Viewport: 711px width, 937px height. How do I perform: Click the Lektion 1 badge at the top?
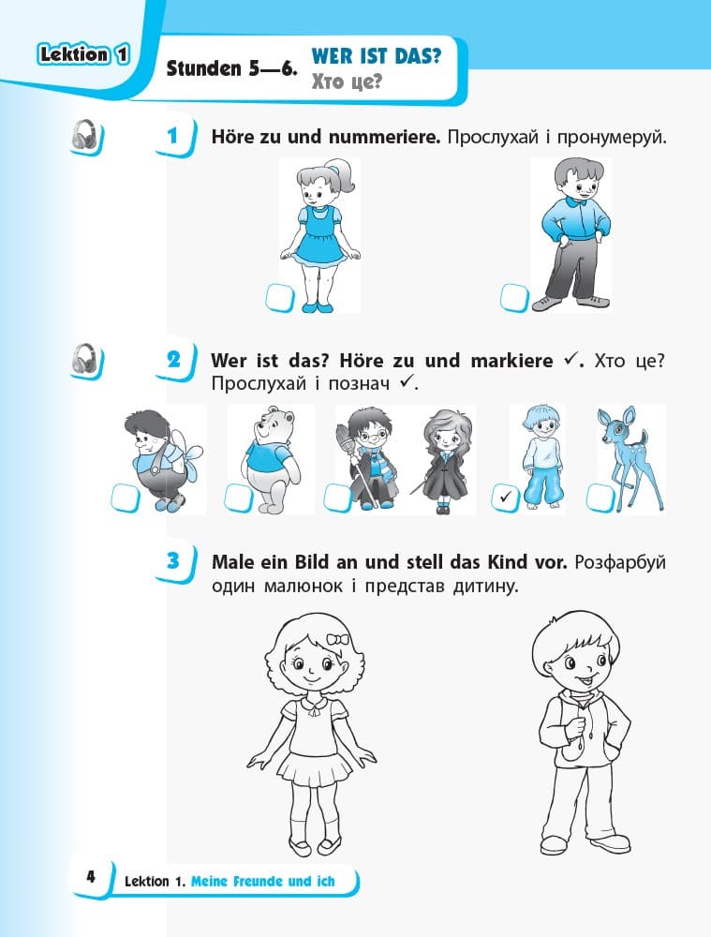coord(83,54)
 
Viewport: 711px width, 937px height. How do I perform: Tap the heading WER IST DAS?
coord(377,56)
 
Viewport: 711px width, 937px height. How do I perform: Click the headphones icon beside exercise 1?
coord(86,136)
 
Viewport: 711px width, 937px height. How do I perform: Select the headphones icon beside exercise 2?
coord(86,361)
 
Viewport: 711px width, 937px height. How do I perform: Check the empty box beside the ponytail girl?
coord(279,298)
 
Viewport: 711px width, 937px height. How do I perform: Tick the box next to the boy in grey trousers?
coord(514,297)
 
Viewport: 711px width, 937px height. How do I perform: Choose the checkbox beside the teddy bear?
coord(238,498)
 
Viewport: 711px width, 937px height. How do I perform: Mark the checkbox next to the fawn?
coord(600,498)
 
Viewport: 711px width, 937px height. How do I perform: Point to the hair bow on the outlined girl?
coord(337,639)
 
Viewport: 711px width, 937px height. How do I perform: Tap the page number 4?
coord(91,877)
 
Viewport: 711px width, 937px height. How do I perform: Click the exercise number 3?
coord(173,560)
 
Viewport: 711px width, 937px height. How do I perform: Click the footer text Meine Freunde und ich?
coord(263,882)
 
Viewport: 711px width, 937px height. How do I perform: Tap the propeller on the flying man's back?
coord(186,459)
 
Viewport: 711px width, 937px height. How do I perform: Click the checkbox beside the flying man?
coord(126,498)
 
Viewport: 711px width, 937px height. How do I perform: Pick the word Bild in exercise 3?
coord(311,562)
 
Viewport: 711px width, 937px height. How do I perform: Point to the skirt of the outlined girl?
coord(316,767)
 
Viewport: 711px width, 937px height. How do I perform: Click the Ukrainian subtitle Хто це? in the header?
coord(347,82)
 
